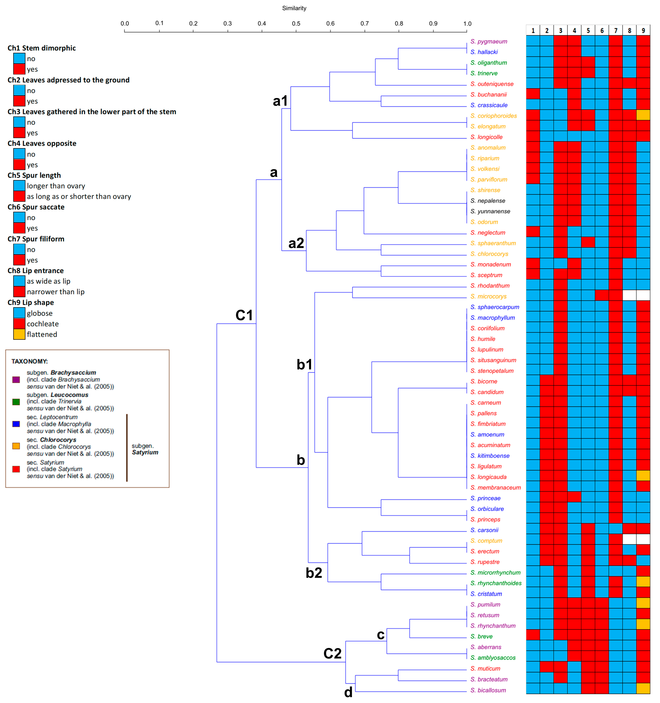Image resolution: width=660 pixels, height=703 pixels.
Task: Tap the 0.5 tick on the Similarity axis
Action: (296, 31)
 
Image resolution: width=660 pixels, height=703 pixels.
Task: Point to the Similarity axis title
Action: (294, 8)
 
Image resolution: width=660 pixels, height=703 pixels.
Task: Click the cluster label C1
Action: (244, 315)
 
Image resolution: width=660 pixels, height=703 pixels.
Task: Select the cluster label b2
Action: (314, 572)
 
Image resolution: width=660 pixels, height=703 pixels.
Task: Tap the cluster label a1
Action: (280, 101)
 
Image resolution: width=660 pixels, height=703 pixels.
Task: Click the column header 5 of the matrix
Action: (588, 30)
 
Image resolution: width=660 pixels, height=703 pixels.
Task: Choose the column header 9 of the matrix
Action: (643, 30)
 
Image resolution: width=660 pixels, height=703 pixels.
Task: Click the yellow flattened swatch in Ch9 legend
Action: (19, 334)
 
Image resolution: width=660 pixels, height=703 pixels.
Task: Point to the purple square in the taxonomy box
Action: (16, 379)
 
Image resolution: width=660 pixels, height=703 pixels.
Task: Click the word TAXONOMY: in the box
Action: (29, 361)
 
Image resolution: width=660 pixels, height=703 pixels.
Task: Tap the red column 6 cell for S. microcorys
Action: (602, 295)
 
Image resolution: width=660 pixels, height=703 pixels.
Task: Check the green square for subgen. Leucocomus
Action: (16, 402)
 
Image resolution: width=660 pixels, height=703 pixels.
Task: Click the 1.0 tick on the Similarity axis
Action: (467, 31)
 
